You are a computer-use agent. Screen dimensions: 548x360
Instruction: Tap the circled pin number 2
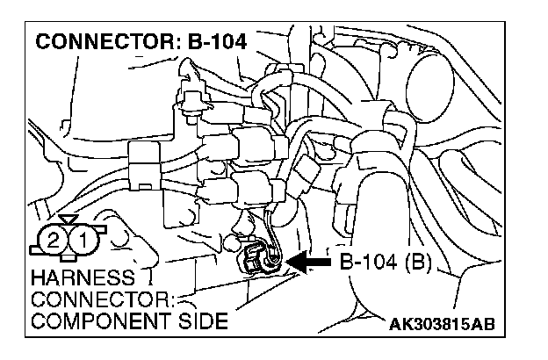pyautogui.click(x=54, y=239)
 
